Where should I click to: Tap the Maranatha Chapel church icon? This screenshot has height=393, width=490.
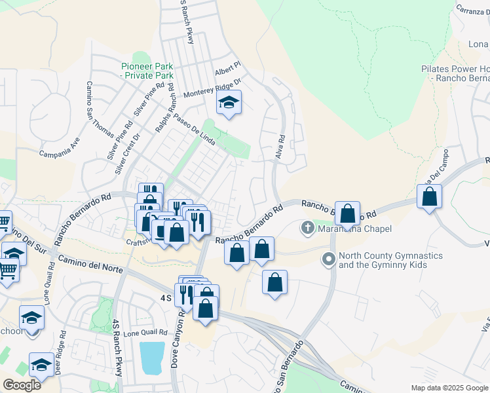(x=307, y=228)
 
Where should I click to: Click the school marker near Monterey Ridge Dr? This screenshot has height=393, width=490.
(x=229, y=103)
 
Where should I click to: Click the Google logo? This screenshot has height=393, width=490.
(x=22, y=385)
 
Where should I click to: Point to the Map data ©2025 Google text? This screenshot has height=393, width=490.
(x=449, y=388)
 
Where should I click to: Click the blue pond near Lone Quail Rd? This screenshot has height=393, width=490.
(x=152, y=358)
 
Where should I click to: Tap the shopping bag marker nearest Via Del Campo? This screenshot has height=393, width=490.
(x=429, y=196)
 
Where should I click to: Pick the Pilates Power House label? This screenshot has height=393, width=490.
(x=455, y=73)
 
